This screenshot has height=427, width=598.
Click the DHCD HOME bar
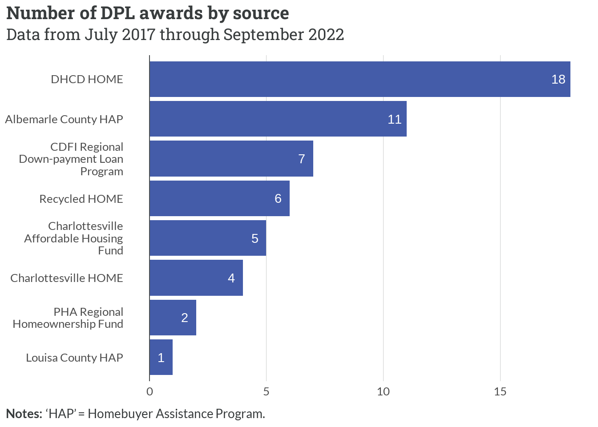click(x=360, y=79)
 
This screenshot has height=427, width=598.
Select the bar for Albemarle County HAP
click(x=278, y=119)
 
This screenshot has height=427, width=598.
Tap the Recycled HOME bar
click(x=219, y=198)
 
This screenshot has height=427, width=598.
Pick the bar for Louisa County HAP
click(x=161, y=357)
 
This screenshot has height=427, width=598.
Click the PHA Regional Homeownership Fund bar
click(x=173, y=318)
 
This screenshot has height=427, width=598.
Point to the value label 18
click(x=558, y=79)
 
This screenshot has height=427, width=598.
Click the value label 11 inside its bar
click(x=394, y=119)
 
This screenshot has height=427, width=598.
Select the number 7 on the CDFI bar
click(x=302, y=159)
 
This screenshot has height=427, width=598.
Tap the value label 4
click(x=231, y=278)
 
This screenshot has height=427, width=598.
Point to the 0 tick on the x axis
click(x=149, y=391)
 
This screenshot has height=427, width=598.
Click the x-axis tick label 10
click(x=383, y=391)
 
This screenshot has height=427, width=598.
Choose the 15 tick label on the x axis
click(x=500, y=391)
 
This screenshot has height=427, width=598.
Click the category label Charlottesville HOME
click(x=67, y=278)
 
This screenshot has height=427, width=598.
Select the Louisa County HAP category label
click(x=74, y=358)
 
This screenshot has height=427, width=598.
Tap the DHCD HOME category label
click(x=87, y=79)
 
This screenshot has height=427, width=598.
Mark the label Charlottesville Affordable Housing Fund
click(x=74, y=238)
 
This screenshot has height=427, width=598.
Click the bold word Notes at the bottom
click(x=24, y=414)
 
